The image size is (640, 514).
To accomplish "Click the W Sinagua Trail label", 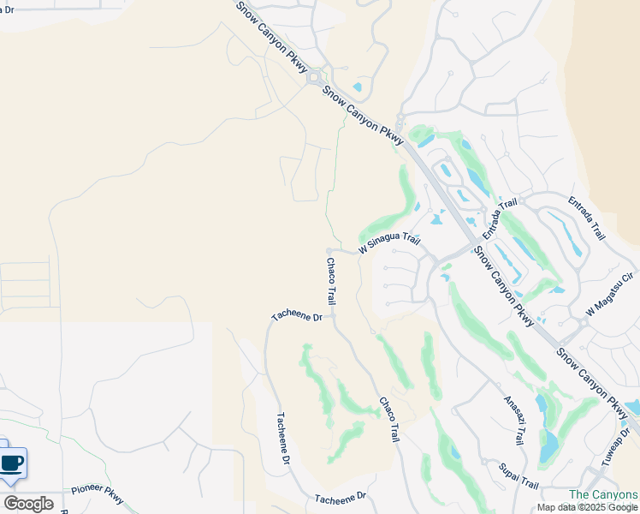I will tap(389, 243).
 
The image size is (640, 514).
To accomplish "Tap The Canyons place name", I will tap(603, 495).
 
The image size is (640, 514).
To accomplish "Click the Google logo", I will tap(28, 504).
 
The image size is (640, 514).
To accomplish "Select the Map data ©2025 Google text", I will tap(587, 507).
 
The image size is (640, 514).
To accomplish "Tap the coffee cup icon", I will tap(12, 463).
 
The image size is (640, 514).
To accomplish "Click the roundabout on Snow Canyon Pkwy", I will tap(315, 77).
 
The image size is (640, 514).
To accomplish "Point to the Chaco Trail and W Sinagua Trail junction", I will tap(329, 251).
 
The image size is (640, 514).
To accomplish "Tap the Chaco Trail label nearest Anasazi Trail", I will tap(389, 419).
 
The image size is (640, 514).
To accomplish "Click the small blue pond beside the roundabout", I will tap(357, 87).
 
